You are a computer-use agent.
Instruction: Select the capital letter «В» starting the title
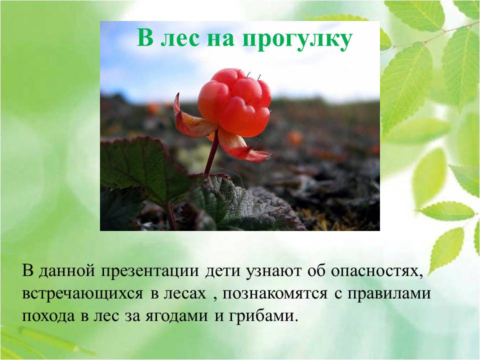click(145, 37)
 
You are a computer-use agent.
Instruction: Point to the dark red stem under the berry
click(212, 153)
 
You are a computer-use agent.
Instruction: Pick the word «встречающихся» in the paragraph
click(82, 293)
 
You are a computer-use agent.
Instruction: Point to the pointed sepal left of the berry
click(190, 119)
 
